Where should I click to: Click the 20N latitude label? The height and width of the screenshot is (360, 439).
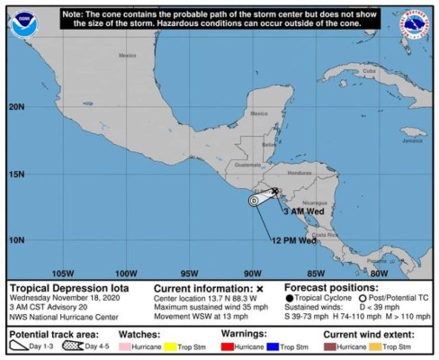point(17,106)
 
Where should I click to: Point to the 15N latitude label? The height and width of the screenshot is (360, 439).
point(17,173)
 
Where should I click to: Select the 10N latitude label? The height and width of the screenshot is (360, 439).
point(17,239)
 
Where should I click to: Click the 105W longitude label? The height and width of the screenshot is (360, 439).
point(62,273)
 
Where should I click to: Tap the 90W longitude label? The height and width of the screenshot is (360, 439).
point(253,273)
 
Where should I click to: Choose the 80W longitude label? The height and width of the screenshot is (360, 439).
point(379,273)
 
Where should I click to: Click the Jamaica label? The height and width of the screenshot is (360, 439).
point(412,140)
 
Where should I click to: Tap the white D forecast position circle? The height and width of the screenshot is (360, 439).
point(255,201)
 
